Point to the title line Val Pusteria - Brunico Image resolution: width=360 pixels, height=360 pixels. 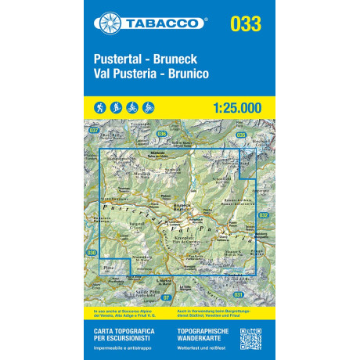151,73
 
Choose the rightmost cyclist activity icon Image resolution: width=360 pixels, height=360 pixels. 149,106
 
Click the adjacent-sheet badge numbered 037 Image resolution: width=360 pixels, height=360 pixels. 95,131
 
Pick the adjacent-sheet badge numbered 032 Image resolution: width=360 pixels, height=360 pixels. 263,215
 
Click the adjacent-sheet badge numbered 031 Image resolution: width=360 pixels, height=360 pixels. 238,293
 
